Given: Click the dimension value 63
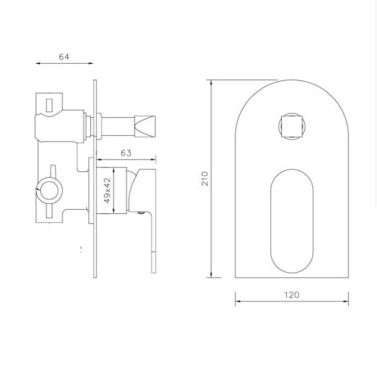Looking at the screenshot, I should [x=125, y=152].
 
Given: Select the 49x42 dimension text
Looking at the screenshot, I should [x=107, y=190].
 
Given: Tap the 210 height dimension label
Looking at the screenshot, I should [x=205, y=178].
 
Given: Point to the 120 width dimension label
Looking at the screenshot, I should [x=292, y=293].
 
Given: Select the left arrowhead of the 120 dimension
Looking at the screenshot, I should [x=239, y=302].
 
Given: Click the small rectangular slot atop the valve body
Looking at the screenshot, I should [x=52, y=102].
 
